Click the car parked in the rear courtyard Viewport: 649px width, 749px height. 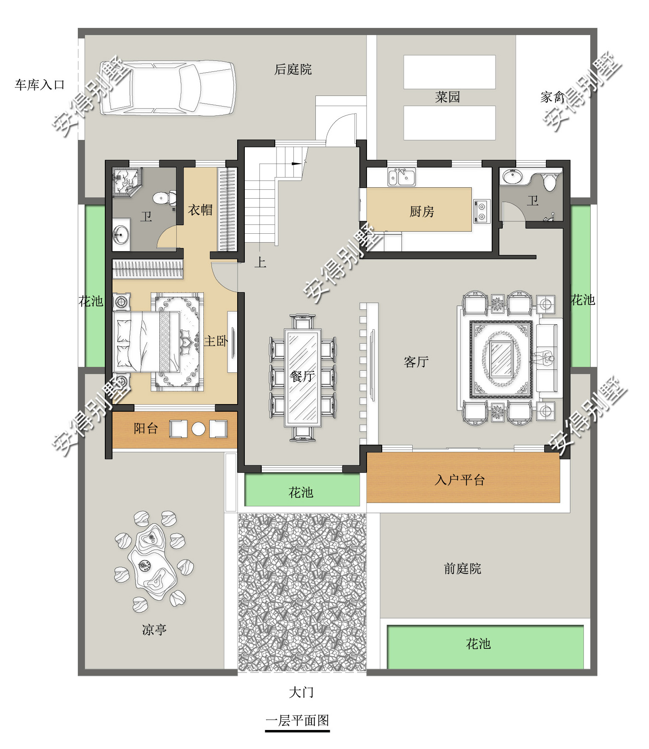point(167,88)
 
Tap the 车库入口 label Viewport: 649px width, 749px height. point(40,85)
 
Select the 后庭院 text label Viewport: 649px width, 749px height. point(293,69)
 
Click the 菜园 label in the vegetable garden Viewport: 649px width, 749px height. point(447,97)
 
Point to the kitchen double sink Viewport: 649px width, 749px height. point(402,177)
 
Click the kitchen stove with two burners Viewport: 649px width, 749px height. point(482,211)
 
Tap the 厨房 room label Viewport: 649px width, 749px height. point(422,211)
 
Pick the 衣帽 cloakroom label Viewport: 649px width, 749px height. point(200,210)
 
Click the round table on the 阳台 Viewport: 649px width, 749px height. point(198,429)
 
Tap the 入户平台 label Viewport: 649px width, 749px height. point(460,480)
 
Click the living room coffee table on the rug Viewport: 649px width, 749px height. point(501,358)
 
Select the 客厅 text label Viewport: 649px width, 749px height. point(416,362)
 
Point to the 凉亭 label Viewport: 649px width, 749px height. point(154,630)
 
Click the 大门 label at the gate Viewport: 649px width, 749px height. point(301,692)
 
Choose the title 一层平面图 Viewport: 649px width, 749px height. point(297,720)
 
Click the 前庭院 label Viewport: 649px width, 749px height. point(463,569)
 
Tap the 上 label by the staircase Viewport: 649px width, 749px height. point(260,262)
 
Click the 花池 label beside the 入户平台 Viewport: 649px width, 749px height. point(301,492)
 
